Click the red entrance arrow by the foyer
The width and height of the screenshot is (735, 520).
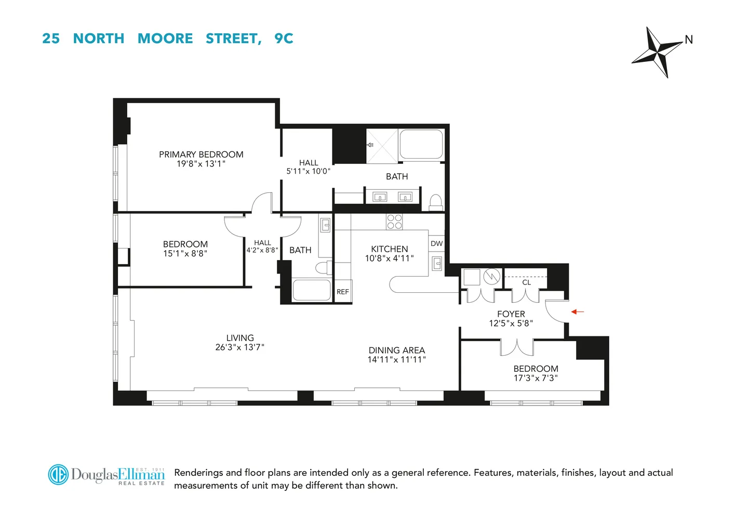(x=578, y=312)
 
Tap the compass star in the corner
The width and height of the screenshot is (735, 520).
(x=657, y=52)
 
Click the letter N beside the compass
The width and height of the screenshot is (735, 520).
(x=689, y=40)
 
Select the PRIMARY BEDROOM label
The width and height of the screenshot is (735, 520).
(x=201, y=154)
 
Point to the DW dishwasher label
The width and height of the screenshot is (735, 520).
(x=436, y=243)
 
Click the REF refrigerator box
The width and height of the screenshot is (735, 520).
(x=343, y=292)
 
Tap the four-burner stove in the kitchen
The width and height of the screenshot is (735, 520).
(x=394, y=222)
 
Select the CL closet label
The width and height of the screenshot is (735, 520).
(x=526, y=282)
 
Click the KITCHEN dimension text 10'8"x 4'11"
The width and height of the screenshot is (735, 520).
(x=389, y=258)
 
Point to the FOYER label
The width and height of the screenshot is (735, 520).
(x=511, y=314)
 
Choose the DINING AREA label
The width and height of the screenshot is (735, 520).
(x=397, y=350)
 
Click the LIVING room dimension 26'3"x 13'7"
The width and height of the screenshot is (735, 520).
(x=240, y=347)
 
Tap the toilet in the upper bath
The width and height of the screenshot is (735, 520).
(x=436, y=202)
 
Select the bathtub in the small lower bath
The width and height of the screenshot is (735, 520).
(x=312, y=290)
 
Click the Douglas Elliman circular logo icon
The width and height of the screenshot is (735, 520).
(x=58, y=475)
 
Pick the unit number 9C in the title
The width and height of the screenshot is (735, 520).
(x=284, y=38)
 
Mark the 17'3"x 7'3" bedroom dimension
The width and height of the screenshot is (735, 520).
(x=536, y=378)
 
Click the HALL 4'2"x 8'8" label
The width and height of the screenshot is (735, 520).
(x=262, y=246)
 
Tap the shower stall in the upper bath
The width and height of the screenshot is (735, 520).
(x=382, y=146)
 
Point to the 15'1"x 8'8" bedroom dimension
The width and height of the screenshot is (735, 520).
(x=185, y=254)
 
